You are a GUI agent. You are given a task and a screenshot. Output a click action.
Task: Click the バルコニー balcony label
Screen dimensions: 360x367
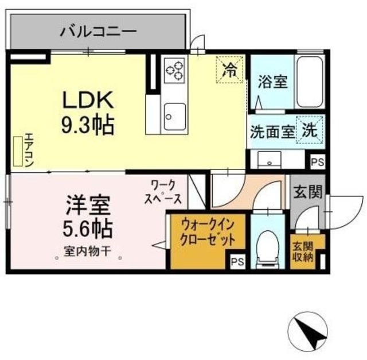click(x=99, y=30)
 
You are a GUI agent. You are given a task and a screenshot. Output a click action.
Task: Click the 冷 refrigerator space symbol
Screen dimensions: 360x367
click(x=229, y=71)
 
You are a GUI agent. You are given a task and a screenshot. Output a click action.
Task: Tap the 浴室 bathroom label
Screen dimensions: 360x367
click(x=272, y=82)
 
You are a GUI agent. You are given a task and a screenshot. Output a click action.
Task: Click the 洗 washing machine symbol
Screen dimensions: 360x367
click(x=310, y=130)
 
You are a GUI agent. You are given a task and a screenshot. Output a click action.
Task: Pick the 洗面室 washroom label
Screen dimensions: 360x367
click(x=271, y=130)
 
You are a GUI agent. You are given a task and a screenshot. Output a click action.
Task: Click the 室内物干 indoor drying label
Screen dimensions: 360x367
click(x=87, y=250)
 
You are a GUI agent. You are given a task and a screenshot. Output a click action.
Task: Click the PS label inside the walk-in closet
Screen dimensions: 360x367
click(x=237, y=262)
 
